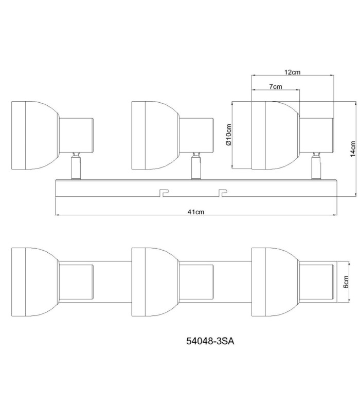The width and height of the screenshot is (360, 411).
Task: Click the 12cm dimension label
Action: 292,72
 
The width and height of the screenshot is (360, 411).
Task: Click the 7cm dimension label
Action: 276,86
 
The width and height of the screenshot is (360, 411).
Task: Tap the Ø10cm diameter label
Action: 228,135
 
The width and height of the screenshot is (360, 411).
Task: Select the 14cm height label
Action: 353,148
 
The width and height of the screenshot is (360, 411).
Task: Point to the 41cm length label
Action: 196,212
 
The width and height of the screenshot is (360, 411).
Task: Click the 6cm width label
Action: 346,282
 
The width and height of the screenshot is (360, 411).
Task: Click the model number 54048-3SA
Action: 210,341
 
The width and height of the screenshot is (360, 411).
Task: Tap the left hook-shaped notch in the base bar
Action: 165,193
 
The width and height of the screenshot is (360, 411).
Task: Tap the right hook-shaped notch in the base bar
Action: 223,193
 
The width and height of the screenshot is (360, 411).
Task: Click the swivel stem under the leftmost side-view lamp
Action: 76,166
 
